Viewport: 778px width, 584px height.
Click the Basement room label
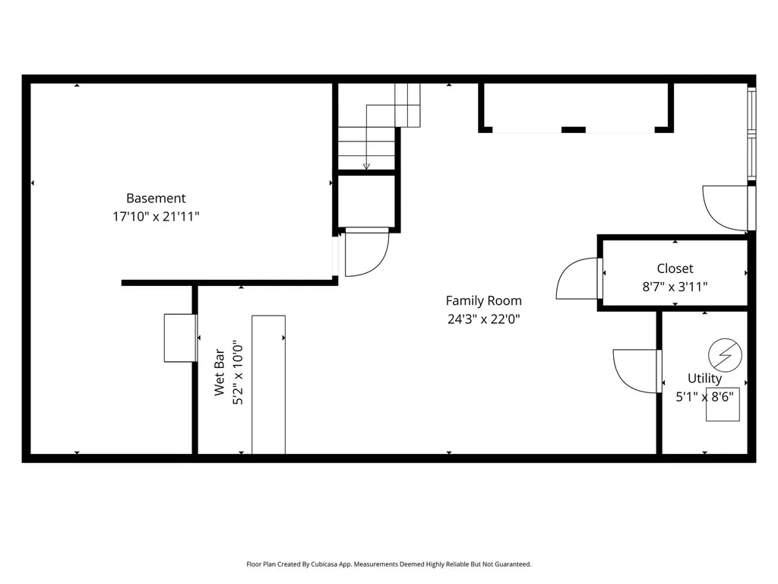(x=156, y=198)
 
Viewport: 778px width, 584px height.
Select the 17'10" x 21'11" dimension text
(x=156, y=217)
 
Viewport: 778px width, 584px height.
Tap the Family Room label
(x=483, y=300)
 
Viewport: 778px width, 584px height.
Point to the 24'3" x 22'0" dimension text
(x=483, y=319)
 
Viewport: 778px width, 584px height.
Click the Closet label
(x=675, y=268)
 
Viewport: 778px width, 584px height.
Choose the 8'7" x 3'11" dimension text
(x=675, y=287)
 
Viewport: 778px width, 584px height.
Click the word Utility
(x=704, y=378)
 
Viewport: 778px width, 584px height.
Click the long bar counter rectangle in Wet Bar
(x=268, y=384)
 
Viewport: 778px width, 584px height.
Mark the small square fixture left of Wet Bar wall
(x=180, y=338)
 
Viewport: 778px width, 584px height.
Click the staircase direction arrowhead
(x=366, y=166)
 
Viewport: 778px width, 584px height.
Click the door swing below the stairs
(x=366, y=253)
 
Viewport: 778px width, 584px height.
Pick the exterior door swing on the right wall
(x=726, y=207)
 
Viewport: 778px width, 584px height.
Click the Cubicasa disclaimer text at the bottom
(x=388, y=564)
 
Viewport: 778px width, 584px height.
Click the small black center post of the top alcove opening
(x=573, y=129)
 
